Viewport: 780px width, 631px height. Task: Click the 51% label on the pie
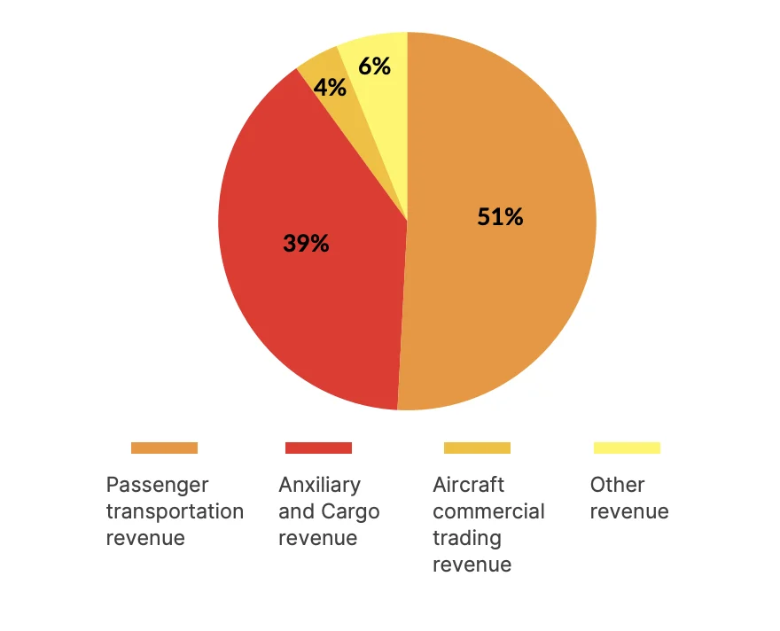[500, 217]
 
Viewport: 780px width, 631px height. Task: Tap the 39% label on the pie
[306, 243]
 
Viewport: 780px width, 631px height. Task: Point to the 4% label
[329, 88]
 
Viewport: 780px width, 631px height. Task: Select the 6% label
[374, 66]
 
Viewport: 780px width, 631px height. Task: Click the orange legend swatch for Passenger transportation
[164, 448]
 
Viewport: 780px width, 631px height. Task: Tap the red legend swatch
[318, 448]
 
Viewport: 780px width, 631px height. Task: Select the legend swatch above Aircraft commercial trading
[477, 448]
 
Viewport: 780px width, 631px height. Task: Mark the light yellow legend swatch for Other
[627, 448]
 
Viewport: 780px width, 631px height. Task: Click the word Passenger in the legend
[157, 485]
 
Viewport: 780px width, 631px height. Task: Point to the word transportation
[175, 511]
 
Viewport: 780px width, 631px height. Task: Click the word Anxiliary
[319, 485]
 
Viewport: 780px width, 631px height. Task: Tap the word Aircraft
[468, 485]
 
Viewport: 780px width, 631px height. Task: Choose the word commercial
[488, 511]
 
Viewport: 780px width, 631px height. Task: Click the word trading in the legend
[466, 538]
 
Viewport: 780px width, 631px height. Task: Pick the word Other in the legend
[617, 485]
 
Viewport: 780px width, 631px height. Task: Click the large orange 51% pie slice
[514, 292]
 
